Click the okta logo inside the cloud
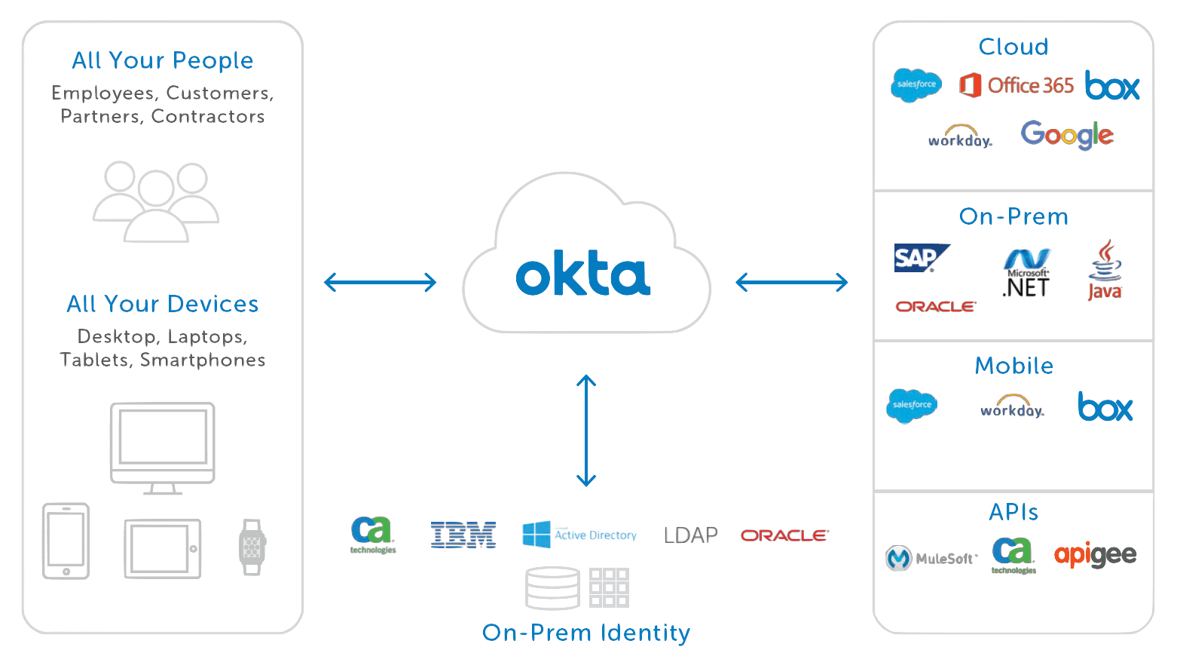coord(582,277)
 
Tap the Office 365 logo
coord(1016,85)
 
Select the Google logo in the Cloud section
coord(1066,135)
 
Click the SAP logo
coord(920,258)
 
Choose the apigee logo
coord(1095,556)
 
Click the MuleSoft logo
coord(931,558)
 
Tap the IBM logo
coord(463,535)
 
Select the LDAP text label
coord(690,535)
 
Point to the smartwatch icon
coord(252,547)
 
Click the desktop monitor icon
coord(163,448)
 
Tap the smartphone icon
coord(65,541)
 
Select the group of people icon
coord(156,201)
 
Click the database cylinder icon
coord(552,587)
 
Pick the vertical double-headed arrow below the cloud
coord(586,431)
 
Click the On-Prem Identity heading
coord(585,633)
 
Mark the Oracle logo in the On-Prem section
coord(936,307)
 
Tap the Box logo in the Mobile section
coord(1105,406)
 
